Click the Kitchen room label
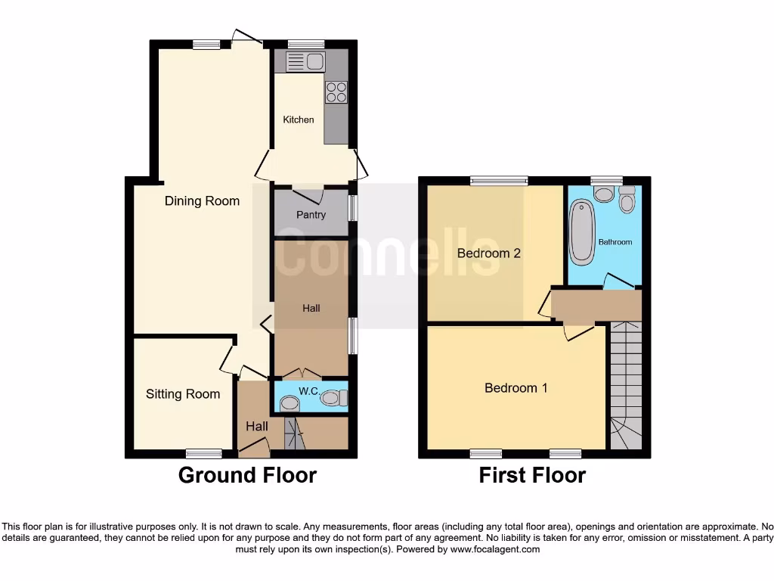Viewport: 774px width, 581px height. coord(298,120)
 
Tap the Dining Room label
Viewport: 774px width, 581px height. coord(202,200)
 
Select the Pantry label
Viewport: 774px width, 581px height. coord(311,215)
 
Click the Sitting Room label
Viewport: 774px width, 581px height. coord(183,393)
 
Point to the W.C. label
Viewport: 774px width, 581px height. coord(308,391)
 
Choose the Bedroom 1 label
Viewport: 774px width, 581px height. coord(515,387)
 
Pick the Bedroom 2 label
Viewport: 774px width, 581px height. coord(488,253)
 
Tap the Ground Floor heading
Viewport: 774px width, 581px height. coord(247,475)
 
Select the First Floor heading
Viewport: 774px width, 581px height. coord(532,475)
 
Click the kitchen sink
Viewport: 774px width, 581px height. coord(305,61)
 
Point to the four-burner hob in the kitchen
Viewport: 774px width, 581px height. coord(336,92)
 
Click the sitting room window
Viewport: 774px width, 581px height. coord(204,453)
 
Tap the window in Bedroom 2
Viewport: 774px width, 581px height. coord(498,181)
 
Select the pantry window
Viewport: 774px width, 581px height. coord(352,208)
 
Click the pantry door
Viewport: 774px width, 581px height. coord(312,194)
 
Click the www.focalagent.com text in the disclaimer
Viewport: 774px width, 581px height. coord(495,549)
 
